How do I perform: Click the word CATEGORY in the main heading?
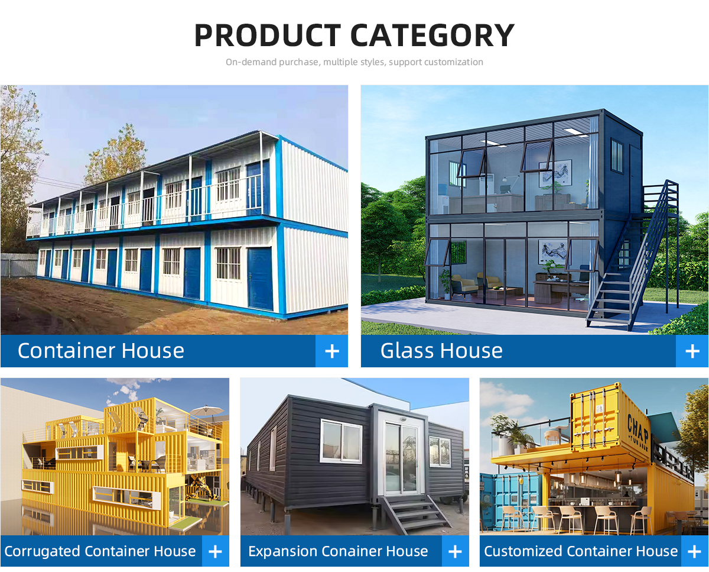432,35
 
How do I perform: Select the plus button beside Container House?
332,351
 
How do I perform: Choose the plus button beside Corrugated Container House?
216,551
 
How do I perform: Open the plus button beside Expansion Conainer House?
456,551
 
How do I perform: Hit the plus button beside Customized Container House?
695,551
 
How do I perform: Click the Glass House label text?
441,351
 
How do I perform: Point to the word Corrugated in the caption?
42,551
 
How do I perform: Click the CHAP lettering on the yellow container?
638,428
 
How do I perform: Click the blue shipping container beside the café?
510,502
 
